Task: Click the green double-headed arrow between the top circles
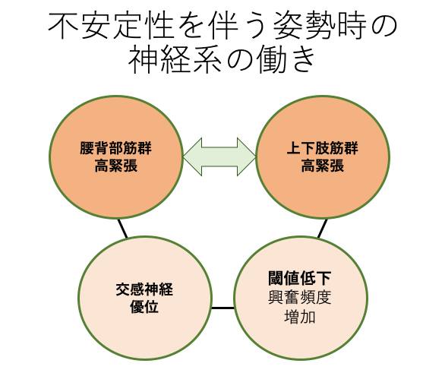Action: pyautogui.click(x=219, y=156)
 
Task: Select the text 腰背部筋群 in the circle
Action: pyautogui.click(x=115, y=148)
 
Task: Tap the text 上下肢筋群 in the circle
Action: pyautogui.click(x=323, y=148)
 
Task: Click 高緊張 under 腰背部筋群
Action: pyautogui.click(x=115, y=166)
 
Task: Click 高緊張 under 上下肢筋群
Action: pyautogui.click(x=323, y=166)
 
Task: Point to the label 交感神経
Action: pyautogui.click(x=144, y=289)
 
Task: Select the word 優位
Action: pyautogui.click(x=144, y=306)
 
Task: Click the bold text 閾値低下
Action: pyautogui.click(x=300, y=278)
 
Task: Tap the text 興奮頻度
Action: pyautogui.click(x=300, y=298)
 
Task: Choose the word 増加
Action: pyautogui.click(x=300, y=317)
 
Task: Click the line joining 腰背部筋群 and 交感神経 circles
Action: pyautogui.click(x=122, y=228)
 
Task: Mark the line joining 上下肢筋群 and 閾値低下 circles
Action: pyautogui.click(x=323, y=228)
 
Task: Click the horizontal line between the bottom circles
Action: pyautogui.click(x=222, y=308)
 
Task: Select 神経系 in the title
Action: pyautogui.click(x=175, y=60)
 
